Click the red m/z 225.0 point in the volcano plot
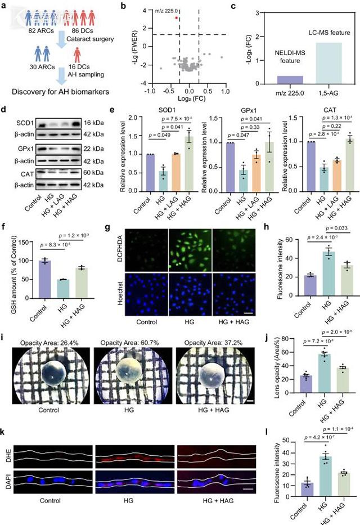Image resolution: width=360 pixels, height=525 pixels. pos(177,18)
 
